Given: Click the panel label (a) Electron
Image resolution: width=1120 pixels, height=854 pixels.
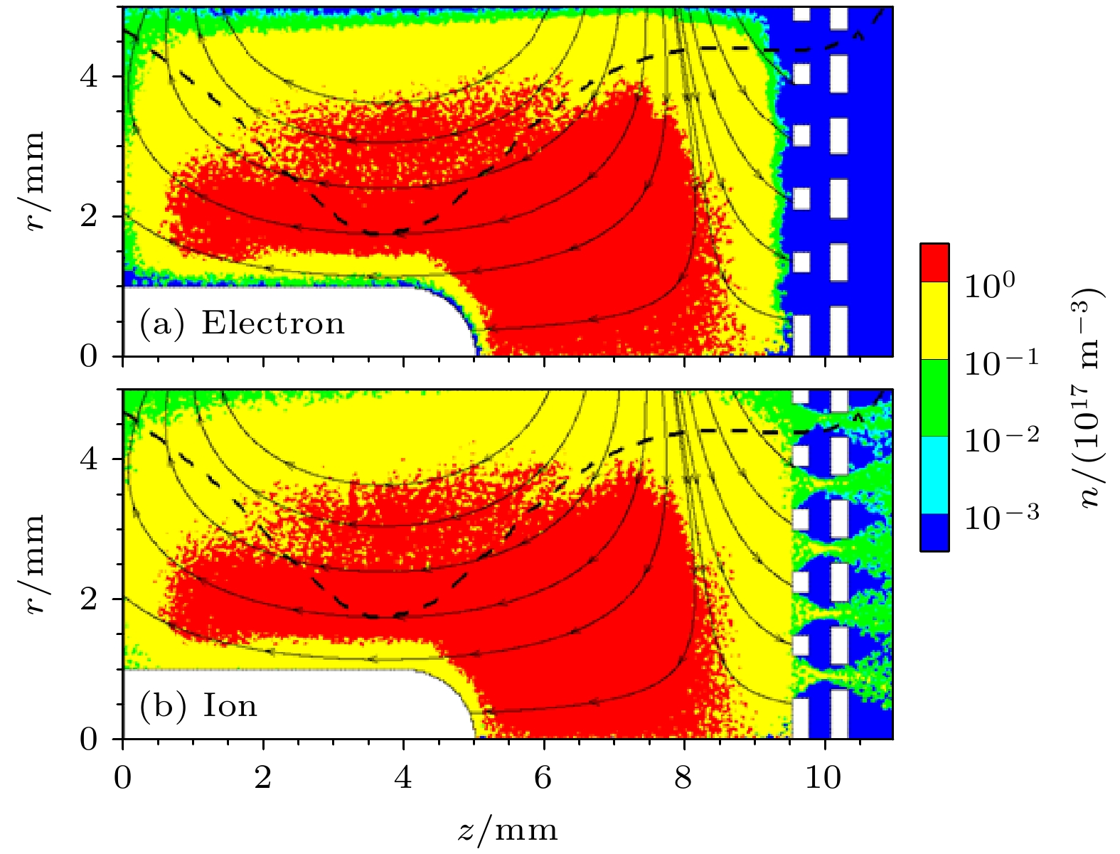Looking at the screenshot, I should (x=242, y=324).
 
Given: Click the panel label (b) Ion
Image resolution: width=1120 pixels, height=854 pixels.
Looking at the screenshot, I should (x=198, y=706).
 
